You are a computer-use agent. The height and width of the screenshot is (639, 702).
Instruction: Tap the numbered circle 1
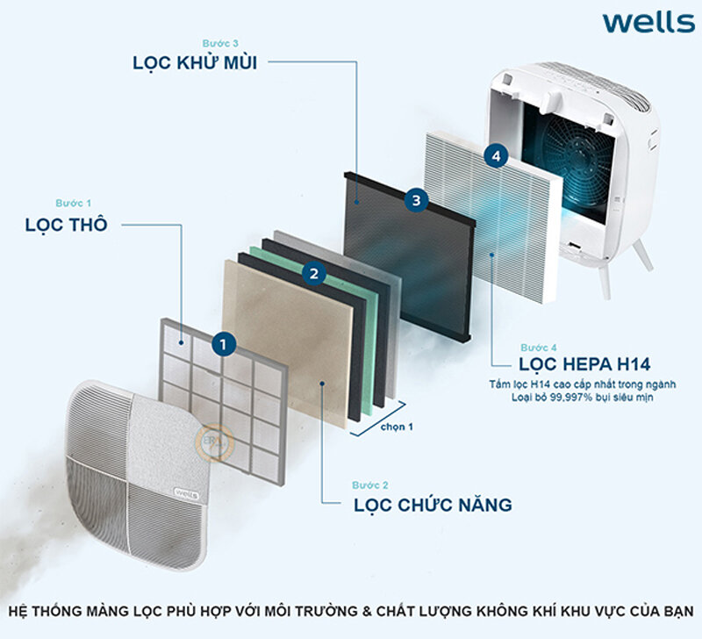[226, 344]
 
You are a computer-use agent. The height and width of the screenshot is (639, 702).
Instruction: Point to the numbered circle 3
[416, 200]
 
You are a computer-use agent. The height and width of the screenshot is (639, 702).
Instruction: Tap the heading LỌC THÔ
[67, 225]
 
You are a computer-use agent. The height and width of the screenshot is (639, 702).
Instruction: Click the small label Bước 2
[370, 485]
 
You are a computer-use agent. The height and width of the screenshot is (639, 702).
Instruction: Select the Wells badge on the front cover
[188, 493]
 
